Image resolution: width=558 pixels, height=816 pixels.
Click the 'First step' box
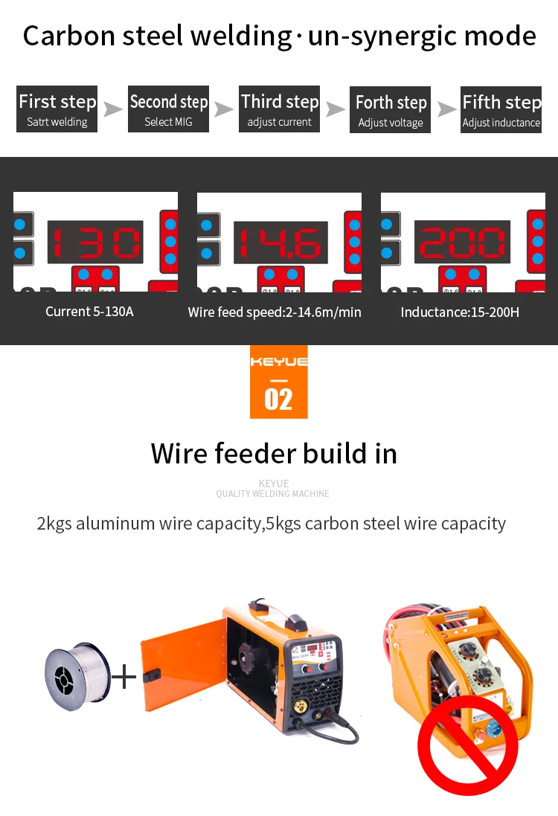tap(57, 110)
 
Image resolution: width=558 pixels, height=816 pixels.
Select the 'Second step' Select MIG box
tap(169, 110)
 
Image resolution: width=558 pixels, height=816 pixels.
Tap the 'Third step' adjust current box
tap(280, 110)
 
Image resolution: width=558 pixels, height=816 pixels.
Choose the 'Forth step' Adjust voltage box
tap(391, 111)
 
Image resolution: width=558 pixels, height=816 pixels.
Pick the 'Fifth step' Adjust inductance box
tap(501, 110)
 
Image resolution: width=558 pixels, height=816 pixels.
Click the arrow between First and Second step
tap(113, 110)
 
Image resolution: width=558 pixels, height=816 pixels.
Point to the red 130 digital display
tap(95, 242)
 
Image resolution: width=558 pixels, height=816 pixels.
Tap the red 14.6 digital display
tap(280, 242)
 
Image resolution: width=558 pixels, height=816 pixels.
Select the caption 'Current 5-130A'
tap(89, 312)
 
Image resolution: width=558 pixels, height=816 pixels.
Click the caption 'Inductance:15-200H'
tap(460, 312)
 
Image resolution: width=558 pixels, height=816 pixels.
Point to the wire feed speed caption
tap(275, 312)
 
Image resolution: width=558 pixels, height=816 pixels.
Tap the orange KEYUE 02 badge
tap(278, 382)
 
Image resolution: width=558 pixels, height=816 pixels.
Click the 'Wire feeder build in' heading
tap(274, 453)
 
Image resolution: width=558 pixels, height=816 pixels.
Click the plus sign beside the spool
tap(124, 677)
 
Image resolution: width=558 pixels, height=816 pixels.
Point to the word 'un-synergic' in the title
tap(374, 36)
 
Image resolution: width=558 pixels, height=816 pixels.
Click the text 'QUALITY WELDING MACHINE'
tap(272, 494)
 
